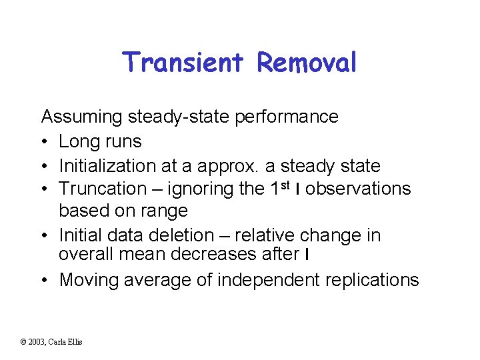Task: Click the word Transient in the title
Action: coord(185,63)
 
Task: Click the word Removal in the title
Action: coord(307,63)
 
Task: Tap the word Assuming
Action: coord(82,117)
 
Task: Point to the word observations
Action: coord(358,189)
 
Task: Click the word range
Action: coord(164,211)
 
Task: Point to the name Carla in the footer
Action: coord(56,342)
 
